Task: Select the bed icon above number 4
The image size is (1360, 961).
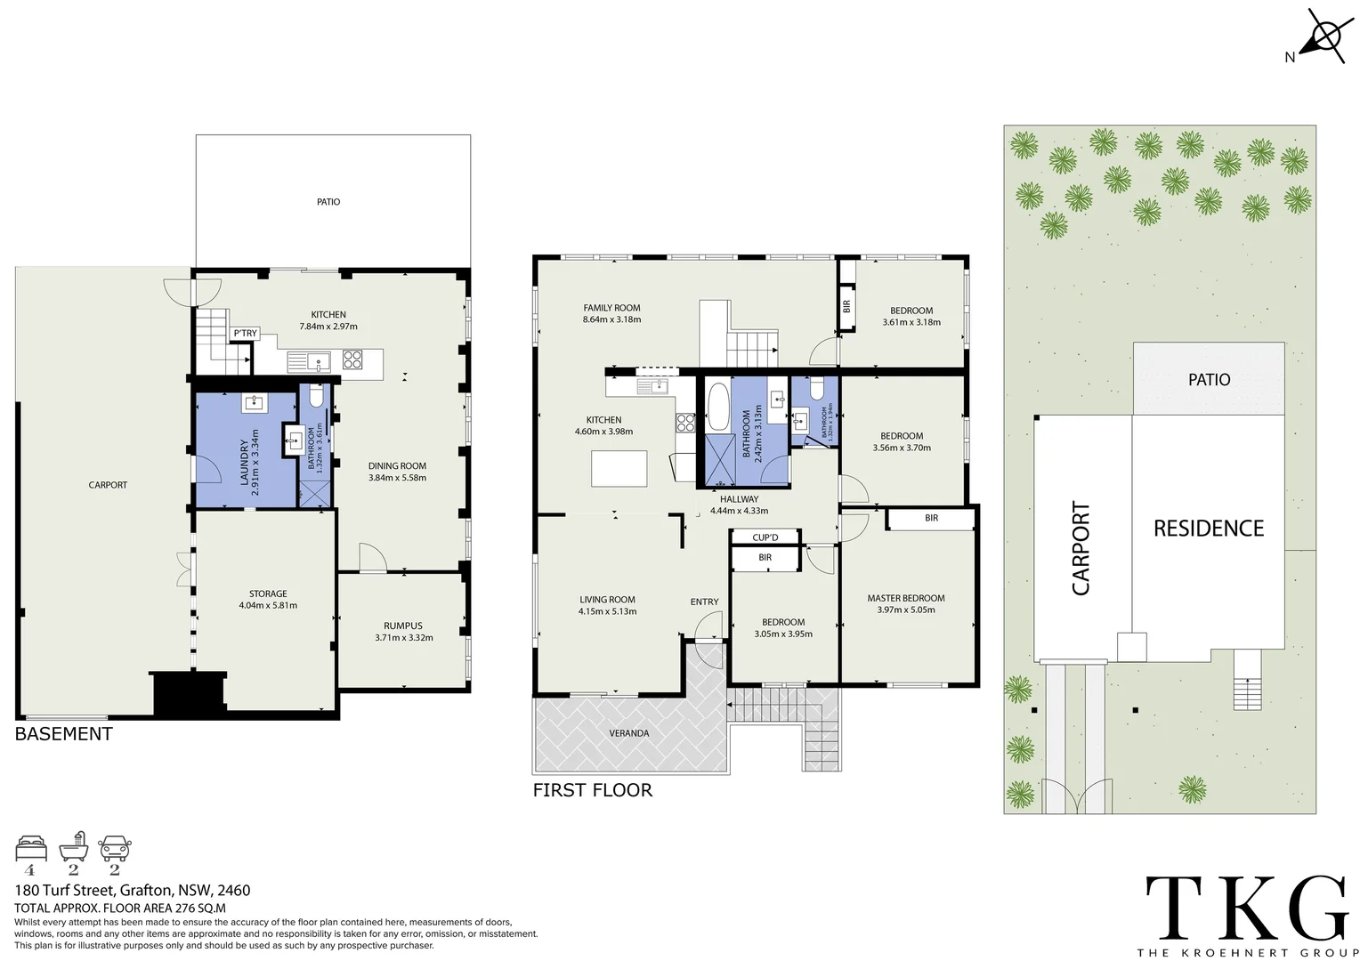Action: pos(31,848)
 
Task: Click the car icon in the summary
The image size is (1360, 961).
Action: pos(115,848)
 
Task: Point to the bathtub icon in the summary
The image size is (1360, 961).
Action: pos(73,847)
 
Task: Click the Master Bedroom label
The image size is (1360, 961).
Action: pos(905,598)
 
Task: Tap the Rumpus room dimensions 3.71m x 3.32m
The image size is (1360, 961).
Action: pos(403,637)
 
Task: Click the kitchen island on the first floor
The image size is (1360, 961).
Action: pos(620,468)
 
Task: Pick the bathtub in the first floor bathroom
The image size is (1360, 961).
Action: pos(716,408)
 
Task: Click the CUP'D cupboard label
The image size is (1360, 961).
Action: pos(765,537)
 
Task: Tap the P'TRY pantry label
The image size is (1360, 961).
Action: pos(245,334)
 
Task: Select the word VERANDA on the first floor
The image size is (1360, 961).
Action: pos(628,733)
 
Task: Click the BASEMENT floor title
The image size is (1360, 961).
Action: pos(64,734)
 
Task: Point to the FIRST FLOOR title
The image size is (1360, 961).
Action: pos(592,790)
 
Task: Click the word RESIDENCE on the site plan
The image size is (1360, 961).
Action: pos(1208,529)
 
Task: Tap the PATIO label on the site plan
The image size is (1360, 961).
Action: pos(1209,380)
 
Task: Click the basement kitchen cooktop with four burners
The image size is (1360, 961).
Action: pos(352,359)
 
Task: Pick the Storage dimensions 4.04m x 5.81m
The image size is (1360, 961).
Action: pos(268,605)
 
